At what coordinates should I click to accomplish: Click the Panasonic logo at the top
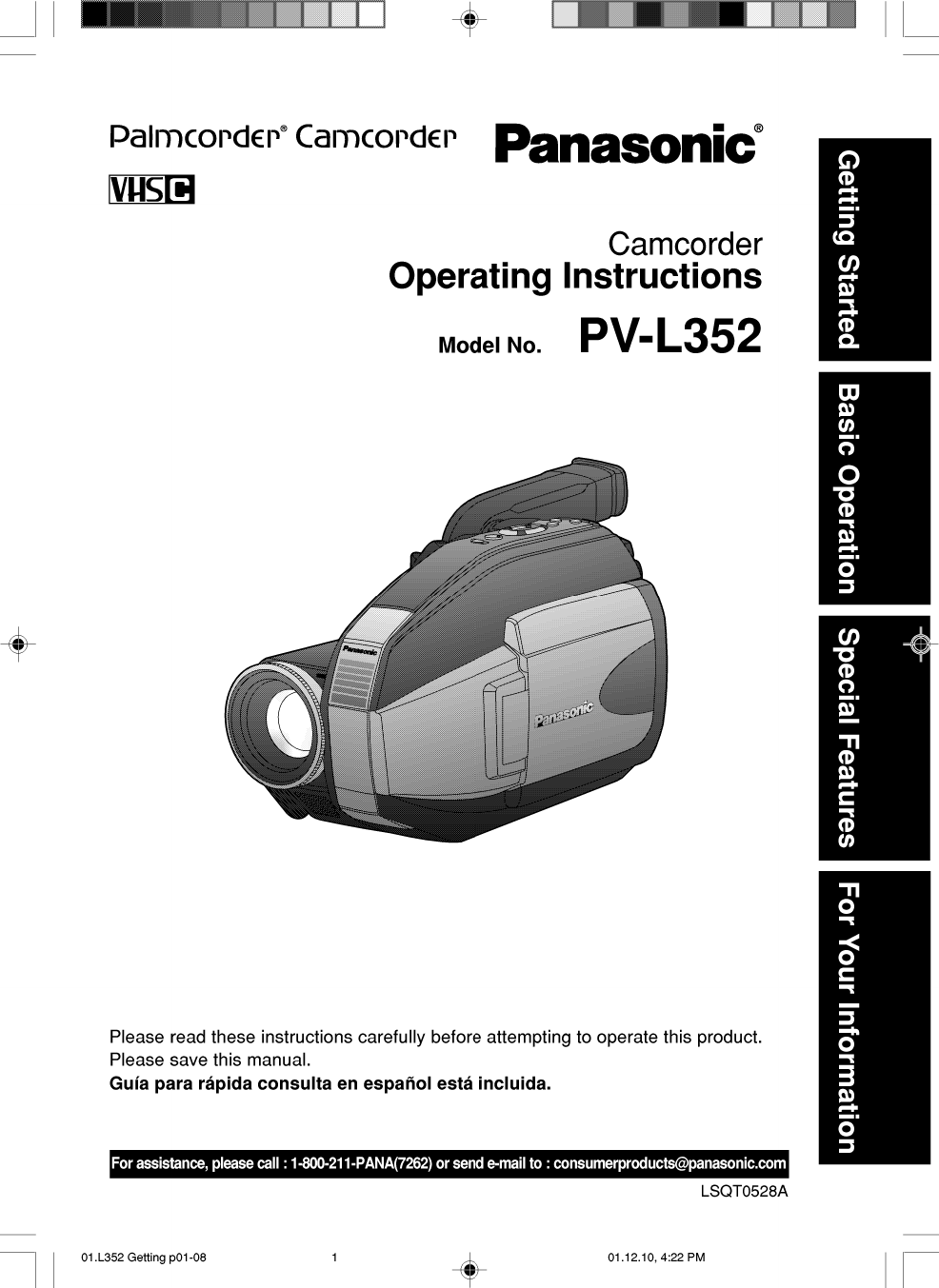625,144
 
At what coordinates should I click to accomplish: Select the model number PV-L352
669,336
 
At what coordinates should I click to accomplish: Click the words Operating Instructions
574,276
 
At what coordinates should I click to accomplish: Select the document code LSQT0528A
744,1191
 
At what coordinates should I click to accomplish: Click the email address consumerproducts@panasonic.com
669,1163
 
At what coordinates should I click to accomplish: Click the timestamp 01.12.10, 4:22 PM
656,1258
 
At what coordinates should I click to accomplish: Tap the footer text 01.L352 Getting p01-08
144,1258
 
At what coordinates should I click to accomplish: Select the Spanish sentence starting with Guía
330,1083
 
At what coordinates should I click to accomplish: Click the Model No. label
489,346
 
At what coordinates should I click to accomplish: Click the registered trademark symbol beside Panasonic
758,128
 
